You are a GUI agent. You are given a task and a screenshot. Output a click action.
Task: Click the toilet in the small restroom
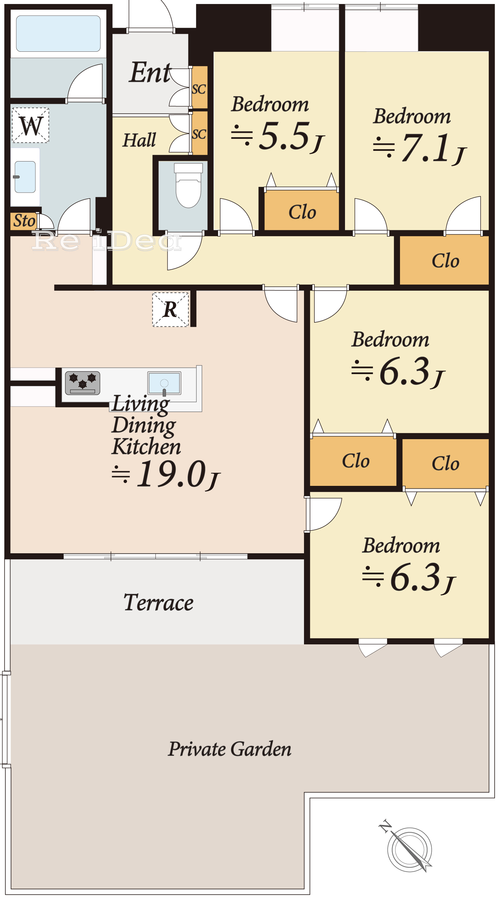[188, 185]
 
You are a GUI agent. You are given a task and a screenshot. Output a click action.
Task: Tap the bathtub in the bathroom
[58, 34]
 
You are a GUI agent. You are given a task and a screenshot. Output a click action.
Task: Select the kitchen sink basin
[164, 383]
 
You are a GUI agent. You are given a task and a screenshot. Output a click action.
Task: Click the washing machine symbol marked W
[30, 125]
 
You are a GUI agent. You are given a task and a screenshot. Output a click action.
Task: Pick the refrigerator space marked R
[170, 310]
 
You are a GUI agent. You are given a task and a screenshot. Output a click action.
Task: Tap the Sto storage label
[24, 221]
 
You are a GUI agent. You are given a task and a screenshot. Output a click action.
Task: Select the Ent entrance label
[150, 72]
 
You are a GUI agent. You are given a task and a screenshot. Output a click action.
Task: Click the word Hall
[139, 140]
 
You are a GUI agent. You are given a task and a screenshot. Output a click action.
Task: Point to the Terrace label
[158, 603]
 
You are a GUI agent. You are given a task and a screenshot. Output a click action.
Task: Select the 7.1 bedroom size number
[425, 148]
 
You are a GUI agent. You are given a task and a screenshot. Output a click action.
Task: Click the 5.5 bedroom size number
[285, 135]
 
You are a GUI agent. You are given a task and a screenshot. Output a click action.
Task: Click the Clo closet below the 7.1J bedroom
[445, 261]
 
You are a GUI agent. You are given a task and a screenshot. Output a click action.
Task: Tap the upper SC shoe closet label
[199, 89]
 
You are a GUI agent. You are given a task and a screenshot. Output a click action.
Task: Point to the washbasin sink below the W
[25, 177]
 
